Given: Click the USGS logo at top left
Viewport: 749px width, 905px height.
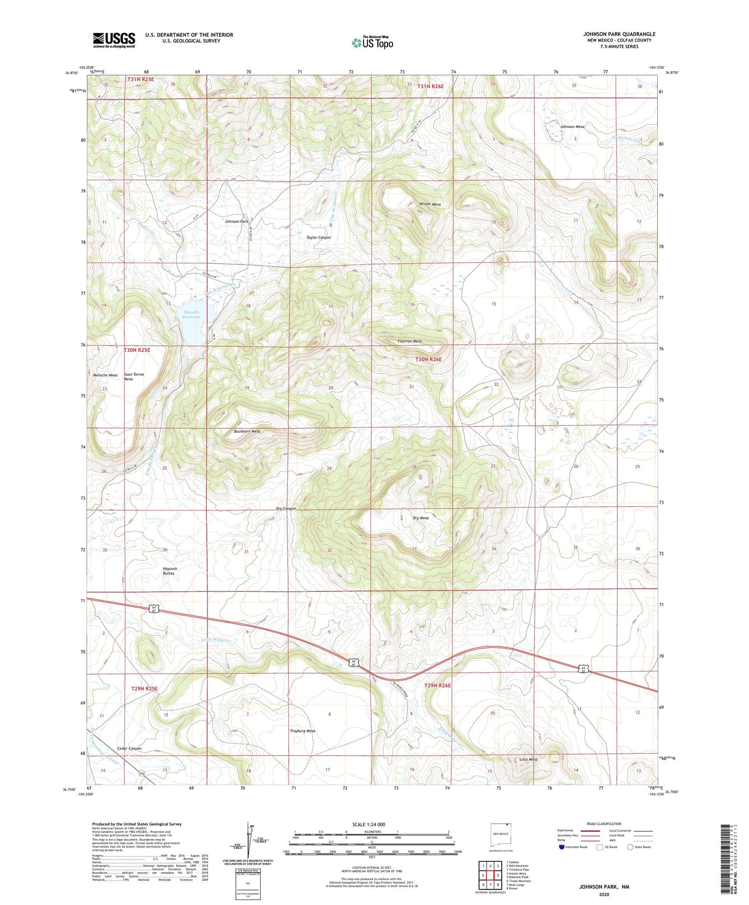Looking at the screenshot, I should [114, 39].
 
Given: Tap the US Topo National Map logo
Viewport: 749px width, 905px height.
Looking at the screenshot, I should [372, 42].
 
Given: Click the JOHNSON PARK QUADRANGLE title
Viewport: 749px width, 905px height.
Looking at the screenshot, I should [619, 34].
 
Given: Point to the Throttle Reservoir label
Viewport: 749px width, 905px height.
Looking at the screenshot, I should [191, 315].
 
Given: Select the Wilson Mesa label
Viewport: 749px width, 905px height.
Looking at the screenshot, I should [430, 204].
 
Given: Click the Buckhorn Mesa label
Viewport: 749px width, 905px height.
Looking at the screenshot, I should [247, 431].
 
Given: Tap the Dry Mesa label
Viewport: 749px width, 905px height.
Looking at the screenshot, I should [420, 518].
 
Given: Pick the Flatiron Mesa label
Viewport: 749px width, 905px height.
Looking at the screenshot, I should [409, 341].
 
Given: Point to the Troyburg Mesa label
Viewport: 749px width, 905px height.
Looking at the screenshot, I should [302, 731].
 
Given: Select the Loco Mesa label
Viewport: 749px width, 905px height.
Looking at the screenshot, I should [528, 759].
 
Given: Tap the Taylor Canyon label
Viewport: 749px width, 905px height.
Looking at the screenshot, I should [318, 237].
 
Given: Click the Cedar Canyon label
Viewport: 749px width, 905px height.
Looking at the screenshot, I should [129, 748].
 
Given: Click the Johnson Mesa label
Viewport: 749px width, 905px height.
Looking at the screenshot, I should [572, 126].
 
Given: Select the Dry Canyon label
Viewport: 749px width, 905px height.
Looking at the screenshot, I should [286, 508].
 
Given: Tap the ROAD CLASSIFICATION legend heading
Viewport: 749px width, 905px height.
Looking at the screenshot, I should [604, 824].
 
